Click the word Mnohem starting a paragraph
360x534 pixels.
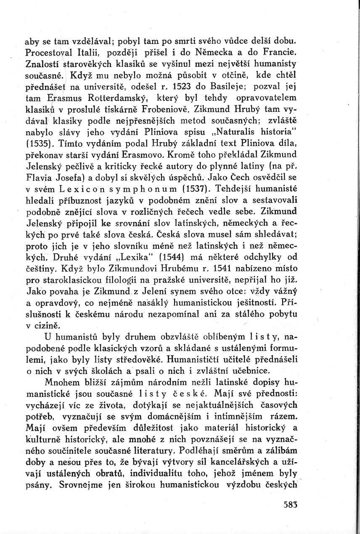pyautogui.click(x=60, y=382)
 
